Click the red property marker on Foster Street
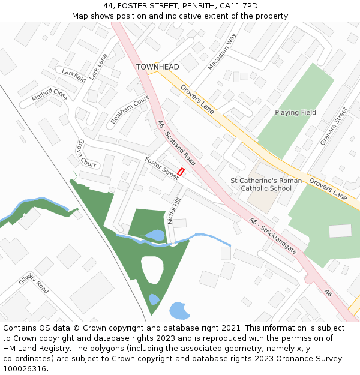pyautogui.click(x=181, y=172)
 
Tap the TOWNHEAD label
pyautogui.click(x=157, y=67)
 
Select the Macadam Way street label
pyautogui.click(x=222, y=52)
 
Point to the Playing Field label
pyautogui.click(x=295, y=113)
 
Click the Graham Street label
pyautogui.click(x=334, y=127)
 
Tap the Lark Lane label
pyautogui.click(x=98, y=67)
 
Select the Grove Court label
pyautogui.click(x=87, y=154)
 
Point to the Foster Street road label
pyautogui.click(x=161, y=167)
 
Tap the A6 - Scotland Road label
pyautogui.click(x=176, y=142)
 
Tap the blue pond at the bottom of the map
pyautogui.click(x=179, y=311)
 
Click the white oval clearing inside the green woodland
pyautogui.click(x=152, y=269)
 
